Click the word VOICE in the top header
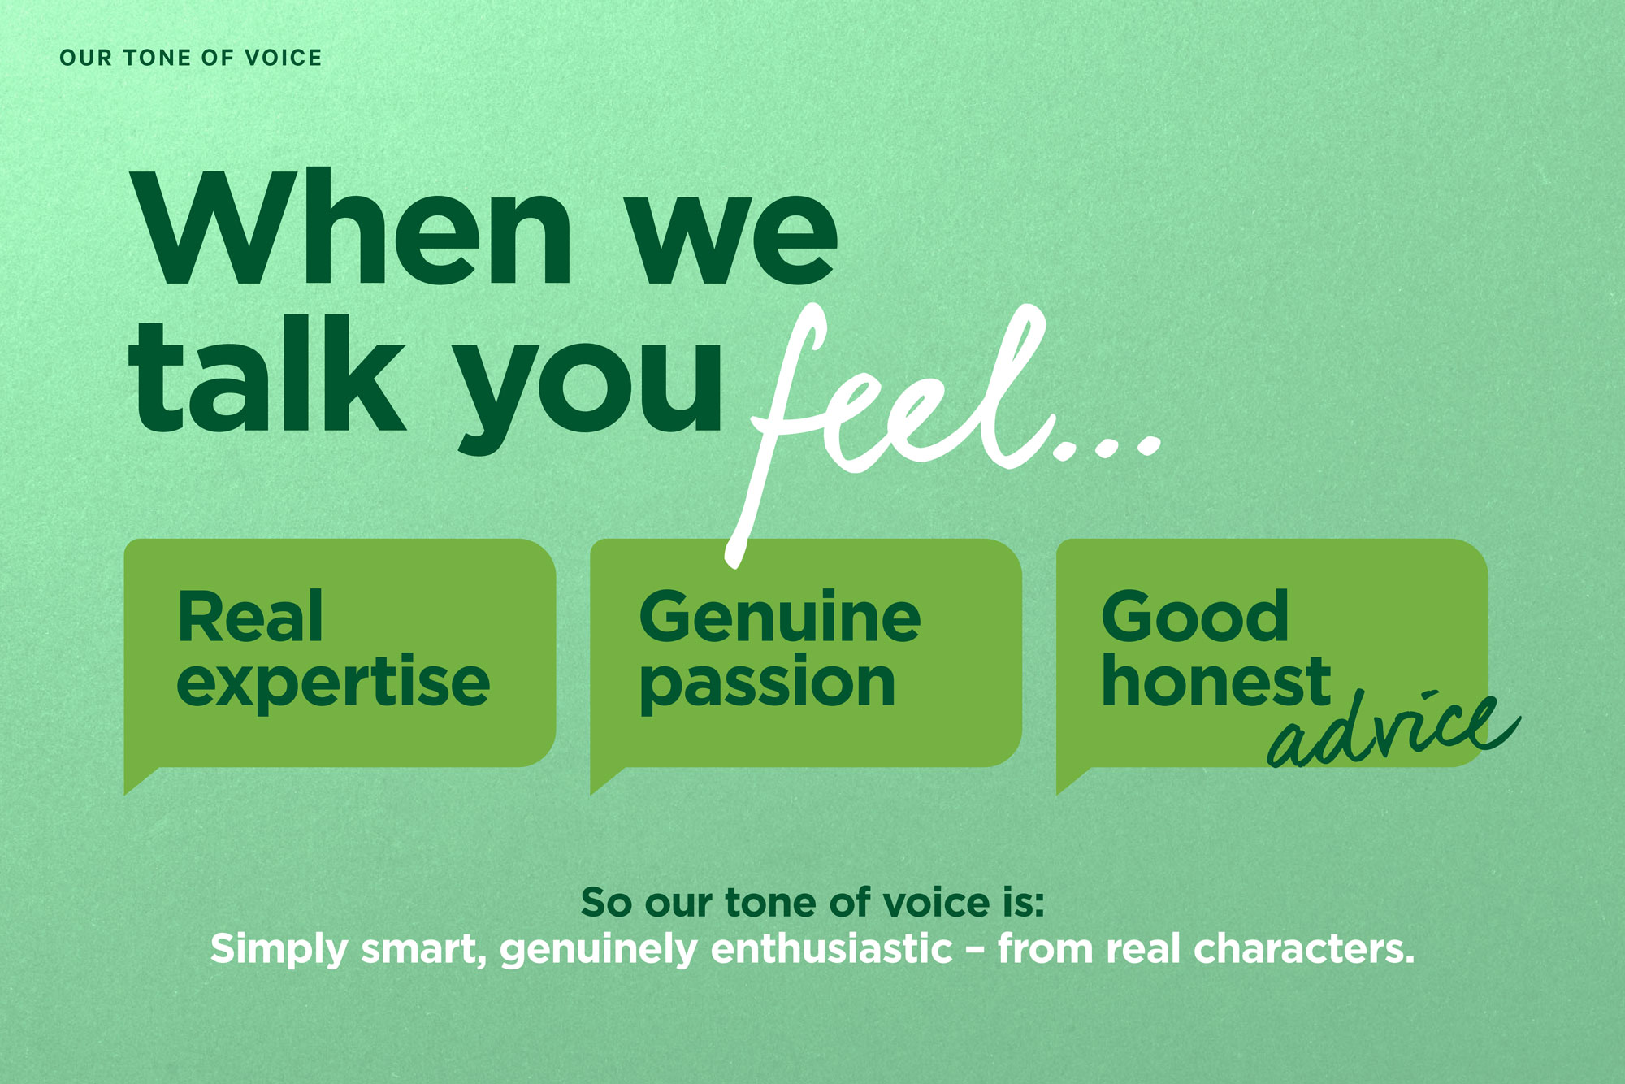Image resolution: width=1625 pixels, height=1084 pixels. tap(283, 58)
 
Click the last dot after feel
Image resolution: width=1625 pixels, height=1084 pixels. tap(1148, 445)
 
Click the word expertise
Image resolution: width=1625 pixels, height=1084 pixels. tap(333, 683)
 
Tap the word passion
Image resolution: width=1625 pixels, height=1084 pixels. tap(768, 685)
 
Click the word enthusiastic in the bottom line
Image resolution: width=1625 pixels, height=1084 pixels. tap(832, 949)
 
